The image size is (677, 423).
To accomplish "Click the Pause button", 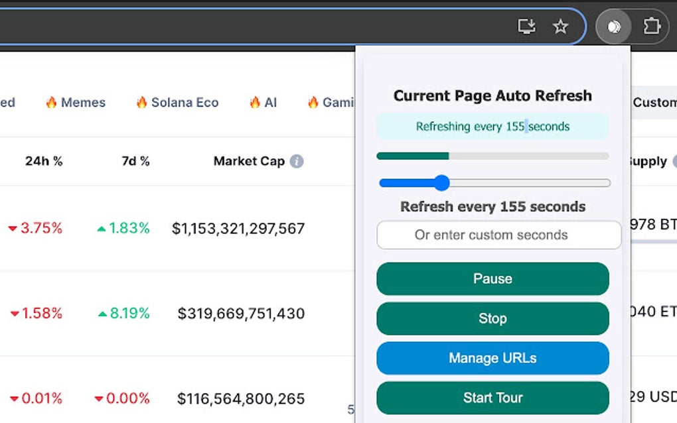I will pyautogui.click(x=492, y=278).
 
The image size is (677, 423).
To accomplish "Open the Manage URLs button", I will pyautogui.click(x=492, y=358).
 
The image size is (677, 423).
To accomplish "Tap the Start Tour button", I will pyautogui.click(x=492, y=398).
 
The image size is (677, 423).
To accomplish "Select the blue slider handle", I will pyautogui.click(x=441, y=183).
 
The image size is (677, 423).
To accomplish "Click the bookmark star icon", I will pyautogui.click(x=561, y=27).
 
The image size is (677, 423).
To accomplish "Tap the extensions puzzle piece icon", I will pyautogui.click(x=651, y=27).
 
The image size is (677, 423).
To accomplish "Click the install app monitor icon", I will pyautogui.click(x=526, y=27).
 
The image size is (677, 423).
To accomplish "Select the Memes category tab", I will pyautogui.click(x=75, y=102).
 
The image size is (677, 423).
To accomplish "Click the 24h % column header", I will pyautogui.click(x=44, y=161).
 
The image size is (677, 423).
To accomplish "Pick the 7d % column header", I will pyautogui.click(x=135, y=161).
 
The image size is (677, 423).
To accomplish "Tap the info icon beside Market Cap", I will pyautogui.click(x=297, y=161).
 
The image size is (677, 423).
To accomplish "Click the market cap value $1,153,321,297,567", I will pyautogui.click(x=238, y=229).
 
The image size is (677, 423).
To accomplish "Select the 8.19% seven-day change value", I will pyautogui.click(x=123, y=314).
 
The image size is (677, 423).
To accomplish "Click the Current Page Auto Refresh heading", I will pyautogui.click(x=492, y=95).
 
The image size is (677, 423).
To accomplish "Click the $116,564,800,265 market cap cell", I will pyautogui.click(x=241, y=398).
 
